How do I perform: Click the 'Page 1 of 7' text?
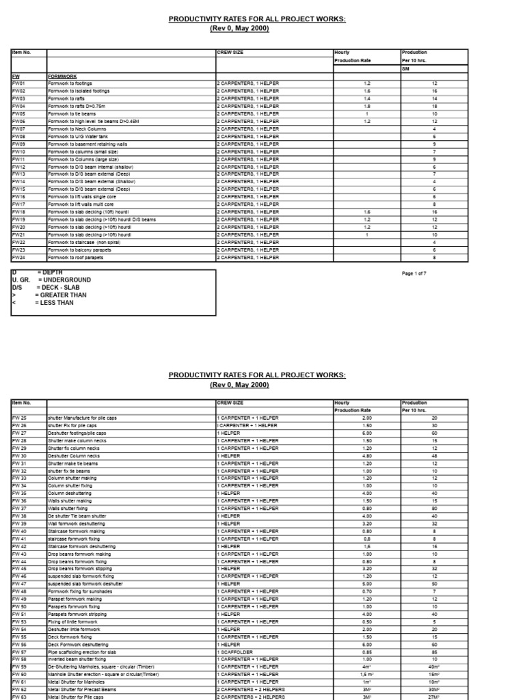click(x=418, y=273)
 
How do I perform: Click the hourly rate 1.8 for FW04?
click(x=366, y=106)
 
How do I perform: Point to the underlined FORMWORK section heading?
click(x=62, y=76)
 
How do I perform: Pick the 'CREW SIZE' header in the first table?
click(x=230, y=52)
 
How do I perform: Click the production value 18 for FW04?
click(x=434, y=106)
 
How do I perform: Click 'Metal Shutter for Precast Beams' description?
click(x=81, y=689)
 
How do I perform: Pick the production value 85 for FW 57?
click(x=434, y=651)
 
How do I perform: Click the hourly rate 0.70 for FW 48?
click(x=366, y=591)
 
